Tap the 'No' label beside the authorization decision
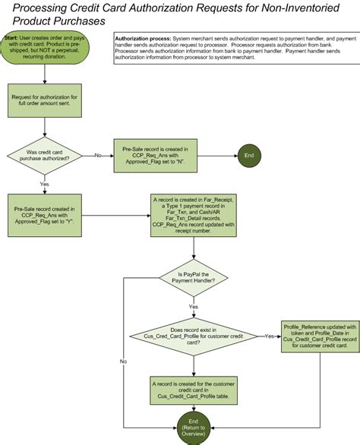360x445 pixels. coord(98,155)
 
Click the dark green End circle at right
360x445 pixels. coord(248,155)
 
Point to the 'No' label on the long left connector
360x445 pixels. coord(124,361)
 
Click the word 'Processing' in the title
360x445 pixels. coord(41,8)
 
